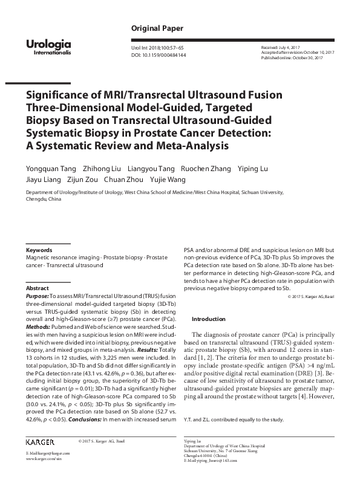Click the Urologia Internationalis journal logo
click(x=49, y=47)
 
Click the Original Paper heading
click(x=157, y=28)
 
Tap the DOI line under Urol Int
click(x=159, y=55)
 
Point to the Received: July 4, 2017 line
click(x=280, y=47)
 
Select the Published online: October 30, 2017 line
click(x=292, y=57)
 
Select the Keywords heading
click(x=39, y=250)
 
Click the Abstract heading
click(x=38, y=288)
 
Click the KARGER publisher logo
click(x=40, y=442)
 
